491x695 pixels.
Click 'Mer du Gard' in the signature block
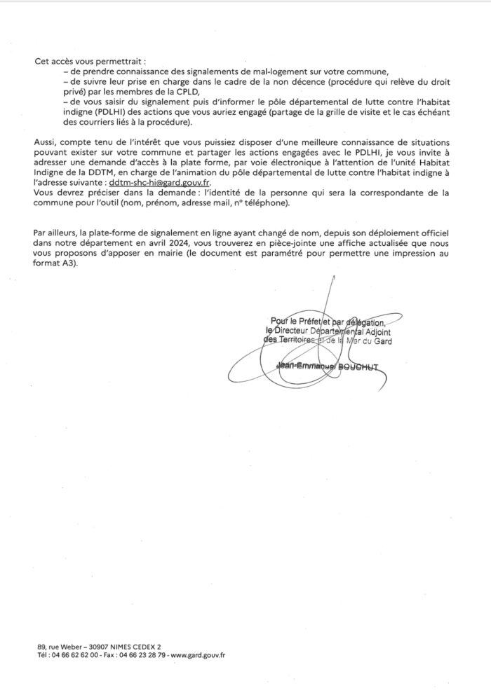369,341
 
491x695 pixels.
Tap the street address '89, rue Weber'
56,647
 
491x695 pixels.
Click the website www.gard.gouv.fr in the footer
199,656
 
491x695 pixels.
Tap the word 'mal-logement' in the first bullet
210,71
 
